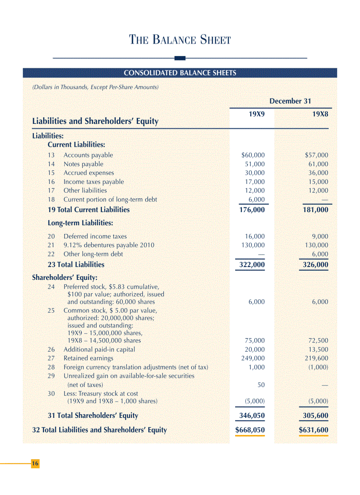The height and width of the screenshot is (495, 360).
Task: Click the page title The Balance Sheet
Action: coord(180,40)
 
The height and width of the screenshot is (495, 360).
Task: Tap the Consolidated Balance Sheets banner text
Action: coord(180,73)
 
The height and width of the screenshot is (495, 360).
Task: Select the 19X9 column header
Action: coord(257,114)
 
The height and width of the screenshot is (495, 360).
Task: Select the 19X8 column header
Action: coord(320,114)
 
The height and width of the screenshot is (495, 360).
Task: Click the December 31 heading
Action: coord(290,101)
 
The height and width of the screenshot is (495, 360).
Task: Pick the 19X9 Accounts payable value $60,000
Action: coord(253,155)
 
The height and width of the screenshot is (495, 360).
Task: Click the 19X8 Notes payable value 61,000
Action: coord(318,164)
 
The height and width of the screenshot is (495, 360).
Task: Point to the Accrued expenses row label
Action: coord(89,173)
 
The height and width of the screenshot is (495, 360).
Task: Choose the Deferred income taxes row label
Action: coord(95,236)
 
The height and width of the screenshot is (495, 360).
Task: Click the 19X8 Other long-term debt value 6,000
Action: coord(320,254)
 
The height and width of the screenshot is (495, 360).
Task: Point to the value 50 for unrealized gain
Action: coord(261,385)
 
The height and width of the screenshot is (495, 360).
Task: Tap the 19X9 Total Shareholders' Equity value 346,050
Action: coord(251,416)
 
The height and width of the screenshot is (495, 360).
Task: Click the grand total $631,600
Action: coord(313,430)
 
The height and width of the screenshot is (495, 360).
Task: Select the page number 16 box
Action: coord(35,464)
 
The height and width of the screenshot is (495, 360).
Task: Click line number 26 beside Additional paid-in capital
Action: coord(51,350)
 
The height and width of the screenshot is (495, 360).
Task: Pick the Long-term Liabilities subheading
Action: coord(80,223)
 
